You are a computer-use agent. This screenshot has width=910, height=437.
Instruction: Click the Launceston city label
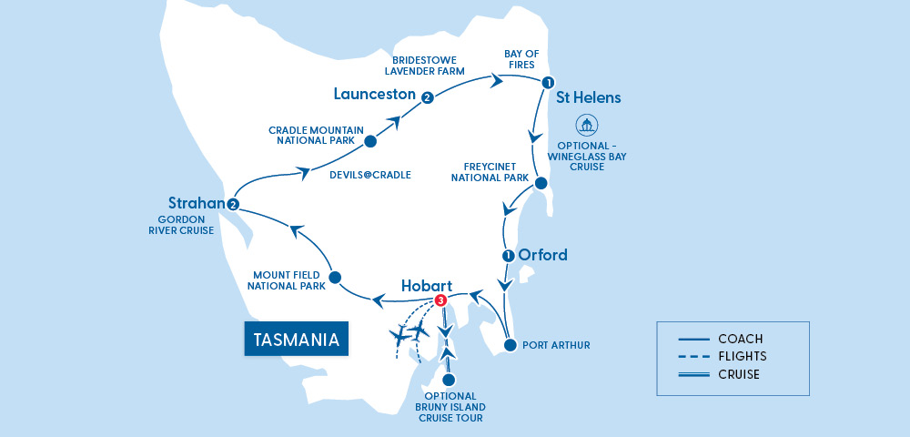(x=374, y=94)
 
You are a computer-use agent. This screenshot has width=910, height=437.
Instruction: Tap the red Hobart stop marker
(x=440, y=300)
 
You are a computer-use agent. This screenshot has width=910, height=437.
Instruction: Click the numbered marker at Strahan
(x=234, y=204)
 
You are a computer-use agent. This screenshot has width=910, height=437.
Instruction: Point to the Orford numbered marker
(x=508, y=255)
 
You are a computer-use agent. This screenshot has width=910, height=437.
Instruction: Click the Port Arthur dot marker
(x=510, y=345)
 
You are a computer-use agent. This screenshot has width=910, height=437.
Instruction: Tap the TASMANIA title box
(x=297, y=340)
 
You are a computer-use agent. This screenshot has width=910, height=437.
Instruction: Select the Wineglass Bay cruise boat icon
(x=587, y=125)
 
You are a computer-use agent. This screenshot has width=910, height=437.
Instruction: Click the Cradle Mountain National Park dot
(x=370, y=142)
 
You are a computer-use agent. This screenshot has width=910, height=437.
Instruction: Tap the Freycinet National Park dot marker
(x=541, y=184)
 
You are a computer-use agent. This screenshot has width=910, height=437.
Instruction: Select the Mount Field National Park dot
(x=335, y=277)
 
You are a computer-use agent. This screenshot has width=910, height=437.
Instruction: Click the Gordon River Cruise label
(x=184, y=224)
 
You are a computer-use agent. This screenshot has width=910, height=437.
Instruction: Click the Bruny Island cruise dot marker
(x=447, y=381)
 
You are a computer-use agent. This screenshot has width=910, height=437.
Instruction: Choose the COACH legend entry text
(x=740, y=339)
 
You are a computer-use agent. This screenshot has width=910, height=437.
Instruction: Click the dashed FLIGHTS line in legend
(x=693, y=357)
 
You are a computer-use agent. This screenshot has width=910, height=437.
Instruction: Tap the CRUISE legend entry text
(x=739, y=374)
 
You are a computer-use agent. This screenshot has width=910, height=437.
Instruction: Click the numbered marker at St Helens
(x=547, y=83)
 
